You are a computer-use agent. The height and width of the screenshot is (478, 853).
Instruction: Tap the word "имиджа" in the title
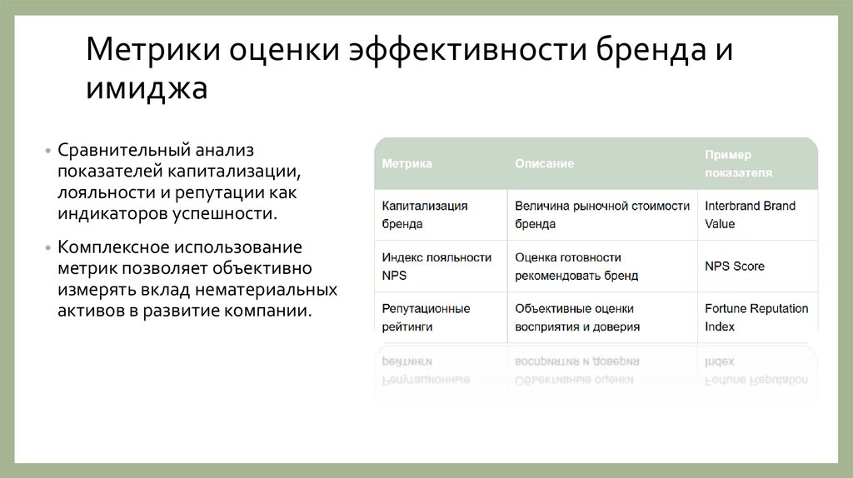pyautogui.click(x=146, y=87)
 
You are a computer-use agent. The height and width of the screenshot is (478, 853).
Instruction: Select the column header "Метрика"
pyautogui.click(x=407, y=164)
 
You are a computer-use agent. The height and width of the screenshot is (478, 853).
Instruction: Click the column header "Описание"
pyautogui.click(x=544, y=164)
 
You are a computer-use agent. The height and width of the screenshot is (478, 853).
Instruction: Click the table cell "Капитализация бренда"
pyautogui.click(x=425, y=215)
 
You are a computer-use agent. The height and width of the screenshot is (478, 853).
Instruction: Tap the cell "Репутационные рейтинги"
pyautogui.click(x=426, y=317)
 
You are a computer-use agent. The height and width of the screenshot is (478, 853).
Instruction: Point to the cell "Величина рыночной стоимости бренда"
pyautogui.click(x=601, y=215)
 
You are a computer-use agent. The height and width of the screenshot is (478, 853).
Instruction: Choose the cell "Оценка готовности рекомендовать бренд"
pyautogui.click(x=576, y=266)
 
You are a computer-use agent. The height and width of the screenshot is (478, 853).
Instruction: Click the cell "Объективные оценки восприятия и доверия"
pyautogui.click(x=577, y=317)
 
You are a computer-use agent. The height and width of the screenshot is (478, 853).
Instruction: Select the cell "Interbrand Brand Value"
pyautogui.click(x=750, y=215)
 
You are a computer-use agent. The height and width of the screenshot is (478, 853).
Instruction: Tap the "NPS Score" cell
pyautogui.click(x=734, y=266)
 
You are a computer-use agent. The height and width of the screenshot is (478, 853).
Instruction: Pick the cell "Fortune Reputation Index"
pyautogui.click(x=756, y=317)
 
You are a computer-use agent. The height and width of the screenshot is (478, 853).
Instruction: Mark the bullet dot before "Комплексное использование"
pyautogui.click(x=47, y=249)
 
